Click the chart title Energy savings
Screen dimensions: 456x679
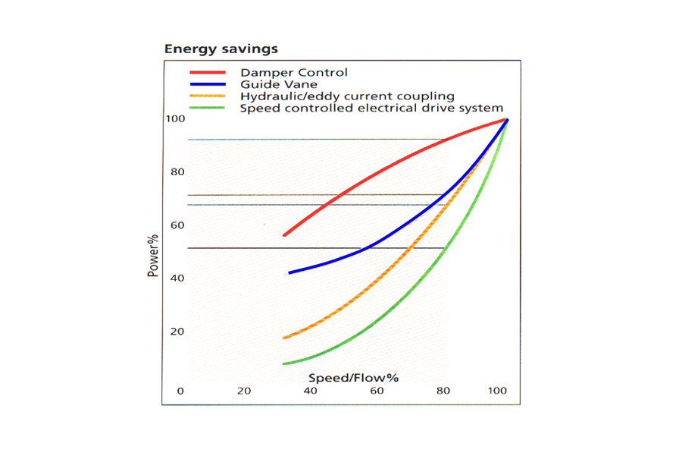click(221, 49)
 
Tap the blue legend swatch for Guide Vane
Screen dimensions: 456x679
click(208, 84)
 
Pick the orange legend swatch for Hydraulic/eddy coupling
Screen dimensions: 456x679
click(208, 96)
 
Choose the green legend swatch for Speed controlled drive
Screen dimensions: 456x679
click(208, 108)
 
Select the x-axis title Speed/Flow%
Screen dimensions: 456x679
click(353, 377)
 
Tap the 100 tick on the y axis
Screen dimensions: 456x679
click(176, 119)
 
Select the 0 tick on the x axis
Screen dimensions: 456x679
click(180, 392)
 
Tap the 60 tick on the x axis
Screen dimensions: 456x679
click(376, 392)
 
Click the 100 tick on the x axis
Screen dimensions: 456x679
click(497, 392)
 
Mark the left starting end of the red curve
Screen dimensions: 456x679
click(284, 235)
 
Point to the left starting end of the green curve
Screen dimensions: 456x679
click(284, 363)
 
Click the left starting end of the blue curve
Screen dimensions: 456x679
click(289, 272)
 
